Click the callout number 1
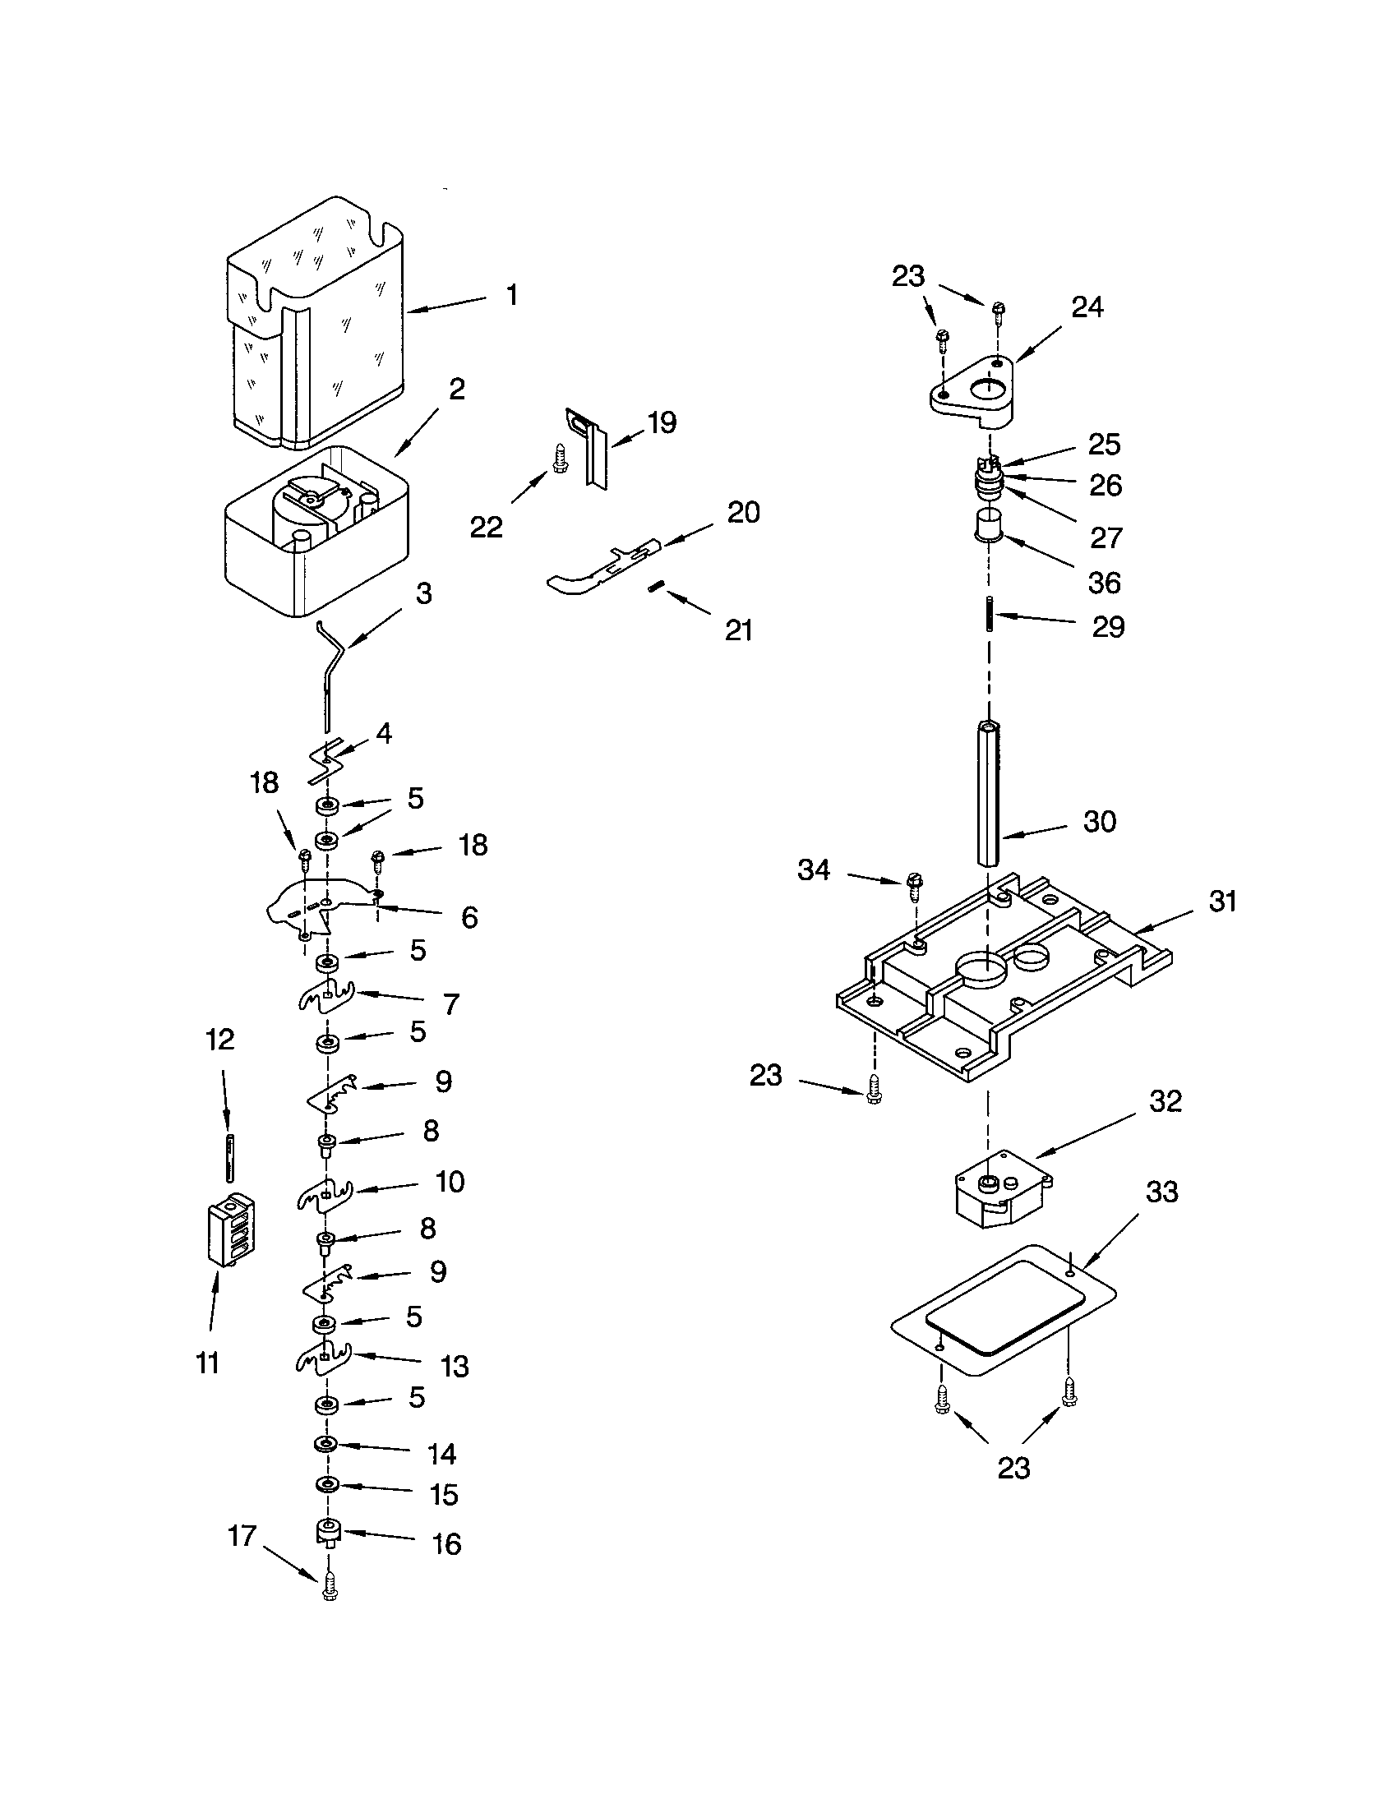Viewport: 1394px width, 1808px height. pyautogui.click(x=511, y=295)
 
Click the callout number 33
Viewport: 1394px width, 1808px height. pyautogui.click(x=1161, y=1192)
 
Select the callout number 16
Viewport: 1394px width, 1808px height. pyautogui.click(x=446, y=1544)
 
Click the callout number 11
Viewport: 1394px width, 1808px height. pyautogui.click(x=207, y=1362)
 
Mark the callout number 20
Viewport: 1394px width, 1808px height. pyautogui.click(x=742, y=513)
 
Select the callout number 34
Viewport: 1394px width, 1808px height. pyautogui.click(x=813, y=869)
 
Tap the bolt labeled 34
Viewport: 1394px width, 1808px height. pyautogui.click(x=914, y=888)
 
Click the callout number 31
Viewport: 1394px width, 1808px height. pyautogui.click(x=1222, y=901)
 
